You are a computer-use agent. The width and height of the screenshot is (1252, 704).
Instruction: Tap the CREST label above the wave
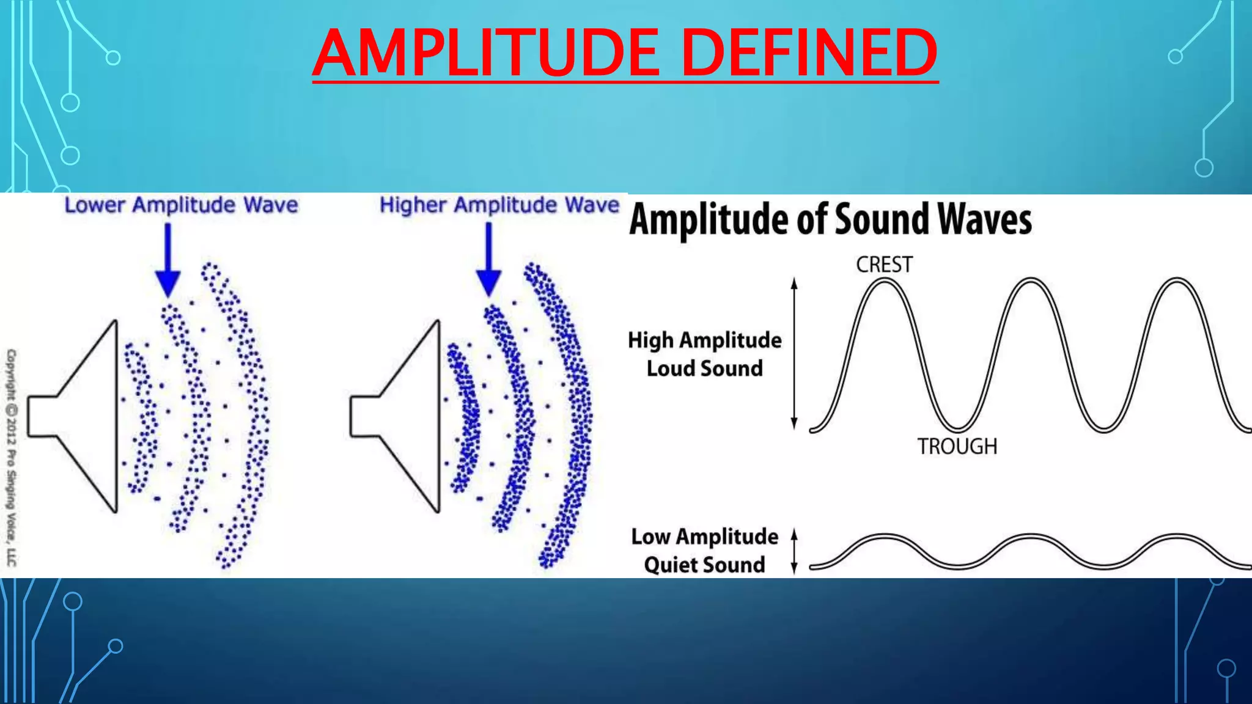(x=884, y=265)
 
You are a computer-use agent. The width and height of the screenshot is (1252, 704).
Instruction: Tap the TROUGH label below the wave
(x=957, y=446)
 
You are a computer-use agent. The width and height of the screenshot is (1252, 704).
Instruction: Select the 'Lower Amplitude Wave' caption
(x=181, y=205)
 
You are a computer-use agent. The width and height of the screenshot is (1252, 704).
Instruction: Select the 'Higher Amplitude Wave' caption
(x=499, y=205)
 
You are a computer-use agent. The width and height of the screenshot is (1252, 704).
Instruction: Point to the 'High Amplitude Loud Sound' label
(x=705, y=354)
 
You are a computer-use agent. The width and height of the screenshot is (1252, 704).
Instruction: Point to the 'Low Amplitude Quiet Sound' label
(x=705, y=551)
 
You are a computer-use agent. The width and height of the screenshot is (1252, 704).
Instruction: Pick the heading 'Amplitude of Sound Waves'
(x=830, y=219)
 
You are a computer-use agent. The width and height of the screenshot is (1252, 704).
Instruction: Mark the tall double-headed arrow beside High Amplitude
(x=794, y=353)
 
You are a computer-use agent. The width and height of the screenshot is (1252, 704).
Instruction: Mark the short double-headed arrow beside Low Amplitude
(x=794, y=551)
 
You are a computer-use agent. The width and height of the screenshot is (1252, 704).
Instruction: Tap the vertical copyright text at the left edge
(x=12, y=457)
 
